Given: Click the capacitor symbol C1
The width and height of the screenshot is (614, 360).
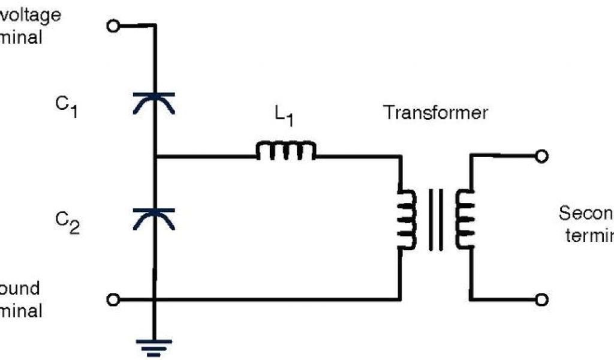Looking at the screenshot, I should click(x=154, y=102).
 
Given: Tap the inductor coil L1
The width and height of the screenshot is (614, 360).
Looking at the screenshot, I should click(x=286, y=151).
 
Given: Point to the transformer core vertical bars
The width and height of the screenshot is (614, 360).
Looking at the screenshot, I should click(x=435, y=220).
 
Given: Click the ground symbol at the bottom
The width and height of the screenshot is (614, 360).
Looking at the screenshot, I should click(x=154, y=346).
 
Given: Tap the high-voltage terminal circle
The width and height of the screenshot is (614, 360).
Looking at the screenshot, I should click(x=113, y=25).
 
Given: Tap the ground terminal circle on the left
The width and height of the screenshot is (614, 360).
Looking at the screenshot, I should click(x=113, y=299).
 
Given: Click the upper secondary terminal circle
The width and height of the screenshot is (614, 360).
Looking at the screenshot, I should click(x=541, y=157).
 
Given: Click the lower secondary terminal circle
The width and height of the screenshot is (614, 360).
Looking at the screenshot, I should click(x=541, y=299).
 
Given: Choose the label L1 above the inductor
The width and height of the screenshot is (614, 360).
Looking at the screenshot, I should click(x=284, y=116).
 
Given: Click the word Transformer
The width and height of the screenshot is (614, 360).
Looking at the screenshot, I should click(x=436, y=112).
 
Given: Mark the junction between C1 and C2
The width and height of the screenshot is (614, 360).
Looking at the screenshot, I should click(x=155, y=158).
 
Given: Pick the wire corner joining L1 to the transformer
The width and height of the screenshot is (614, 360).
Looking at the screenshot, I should click(x=399, y=158).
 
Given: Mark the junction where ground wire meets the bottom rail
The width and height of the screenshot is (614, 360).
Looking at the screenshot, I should click(x=155, y=299).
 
